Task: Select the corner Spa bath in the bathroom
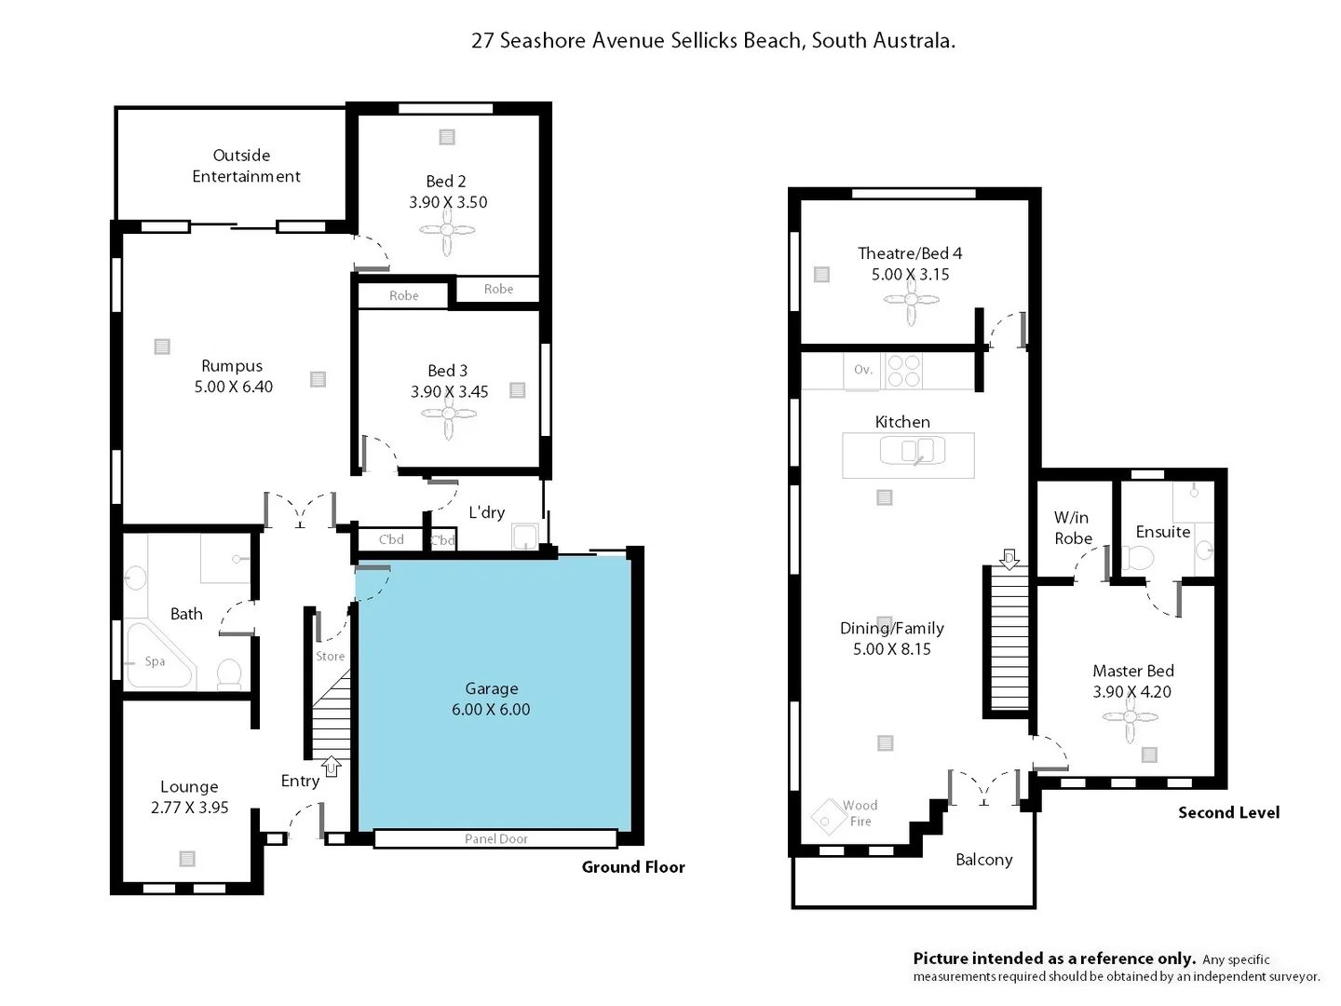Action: [156, 659]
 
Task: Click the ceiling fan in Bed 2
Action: [448, 231]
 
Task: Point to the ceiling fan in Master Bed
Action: [1131, 717]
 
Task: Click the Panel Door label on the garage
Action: [495, 839]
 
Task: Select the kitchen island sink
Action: [912, 452]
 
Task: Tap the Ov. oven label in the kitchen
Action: [863, 370]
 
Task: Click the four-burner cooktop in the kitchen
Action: [902, 371]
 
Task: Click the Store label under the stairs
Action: [330, 656]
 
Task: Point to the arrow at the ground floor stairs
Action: [332, 767]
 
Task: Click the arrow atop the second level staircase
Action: [1009, 559]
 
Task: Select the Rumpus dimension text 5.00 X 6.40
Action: [233, 387]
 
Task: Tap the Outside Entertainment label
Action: [245, 166]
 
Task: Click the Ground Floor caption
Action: [633, 867]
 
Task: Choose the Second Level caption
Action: [1228, 812]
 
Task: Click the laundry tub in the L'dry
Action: [525, 537]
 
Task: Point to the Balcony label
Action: [983, 860]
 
